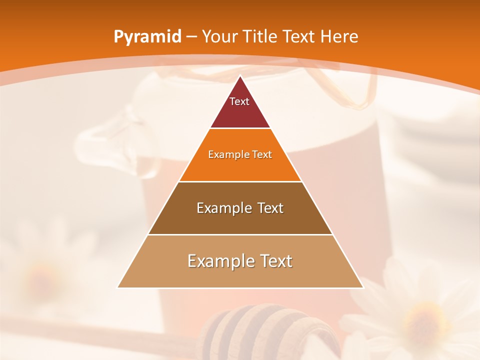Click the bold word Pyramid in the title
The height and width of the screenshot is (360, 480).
point(147,37)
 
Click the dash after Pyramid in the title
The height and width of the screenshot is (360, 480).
point(191,37)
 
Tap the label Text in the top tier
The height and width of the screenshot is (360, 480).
point(239,101)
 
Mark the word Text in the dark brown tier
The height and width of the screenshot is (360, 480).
point(269,208)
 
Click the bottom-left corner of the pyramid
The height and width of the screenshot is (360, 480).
point(118,287)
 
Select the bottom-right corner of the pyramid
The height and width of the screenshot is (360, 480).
point(363,287)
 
